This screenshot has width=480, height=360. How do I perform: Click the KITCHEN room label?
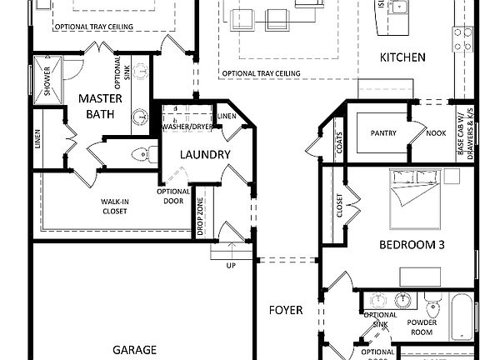402,57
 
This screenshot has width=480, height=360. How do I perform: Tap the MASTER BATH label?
101,106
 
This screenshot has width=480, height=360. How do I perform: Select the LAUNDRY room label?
204,154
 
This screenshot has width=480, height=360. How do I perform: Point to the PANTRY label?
383,132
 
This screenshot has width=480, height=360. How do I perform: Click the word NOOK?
435,132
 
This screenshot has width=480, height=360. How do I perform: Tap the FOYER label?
286,310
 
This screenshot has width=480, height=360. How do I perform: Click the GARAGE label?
134,349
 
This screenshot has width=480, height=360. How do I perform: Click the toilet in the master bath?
147,152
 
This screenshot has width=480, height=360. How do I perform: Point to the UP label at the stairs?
231,265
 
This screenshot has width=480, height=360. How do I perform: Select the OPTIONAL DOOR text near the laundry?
173,197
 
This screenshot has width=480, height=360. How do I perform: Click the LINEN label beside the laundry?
225,116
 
